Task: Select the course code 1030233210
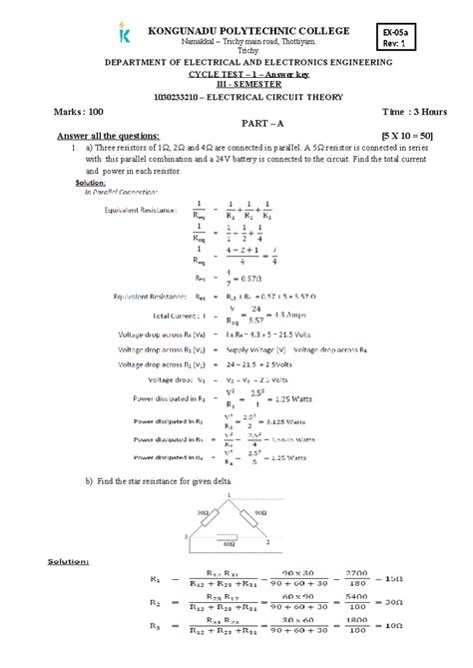click(x=178, y=97)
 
